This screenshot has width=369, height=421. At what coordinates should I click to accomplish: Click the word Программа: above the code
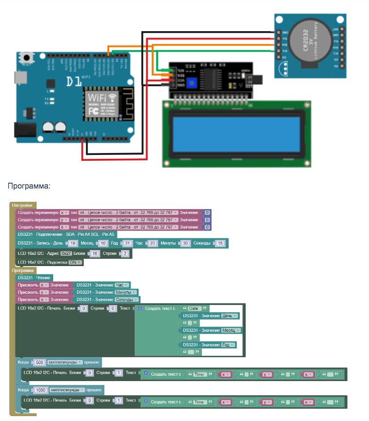click(29, 186)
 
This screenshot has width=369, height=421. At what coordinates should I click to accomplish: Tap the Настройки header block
click(22, 205)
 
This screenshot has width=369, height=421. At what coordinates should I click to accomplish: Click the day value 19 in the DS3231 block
click(72, 243)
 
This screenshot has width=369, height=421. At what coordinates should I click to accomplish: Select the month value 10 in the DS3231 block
click(104, 243)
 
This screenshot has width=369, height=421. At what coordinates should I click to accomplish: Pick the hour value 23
click(153, 243)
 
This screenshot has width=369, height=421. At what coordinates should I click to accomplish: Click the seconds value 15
click(220, 243)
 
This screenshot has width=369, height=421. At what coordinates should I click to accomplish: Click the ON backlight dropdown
click(75, 262)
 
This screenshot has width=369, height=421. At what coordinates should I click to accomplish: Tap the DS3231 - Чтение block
click(31, 277)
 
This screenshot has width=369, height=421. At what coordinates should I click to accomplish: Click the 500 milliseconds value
click(40, 363)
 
